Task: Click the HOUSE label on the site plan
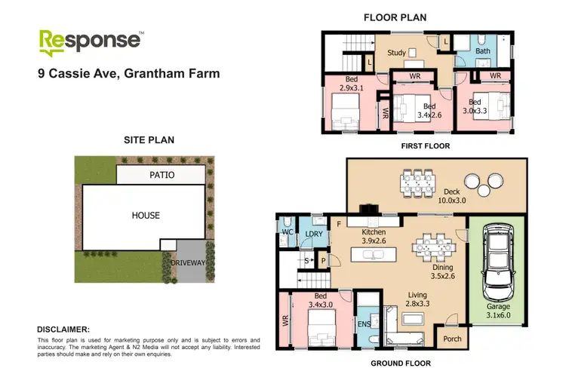(x=146, y=215)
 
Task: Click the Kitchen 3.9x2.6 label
(x=373, y=236)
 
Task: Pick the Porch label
(x=452, y=339)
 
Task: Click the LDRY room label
(x=313, y=234)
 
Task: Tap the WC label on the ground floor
(x=287, y=233)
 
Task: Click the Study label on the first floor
(x=396, y=54)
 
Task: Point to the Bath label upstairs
(x=483, y=52)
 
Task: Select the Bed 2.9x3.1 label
(x=352, y=84)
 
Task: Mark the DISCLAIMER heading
(x=63, y=329)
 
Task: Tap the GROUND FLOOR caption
(x=401, y=363)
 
